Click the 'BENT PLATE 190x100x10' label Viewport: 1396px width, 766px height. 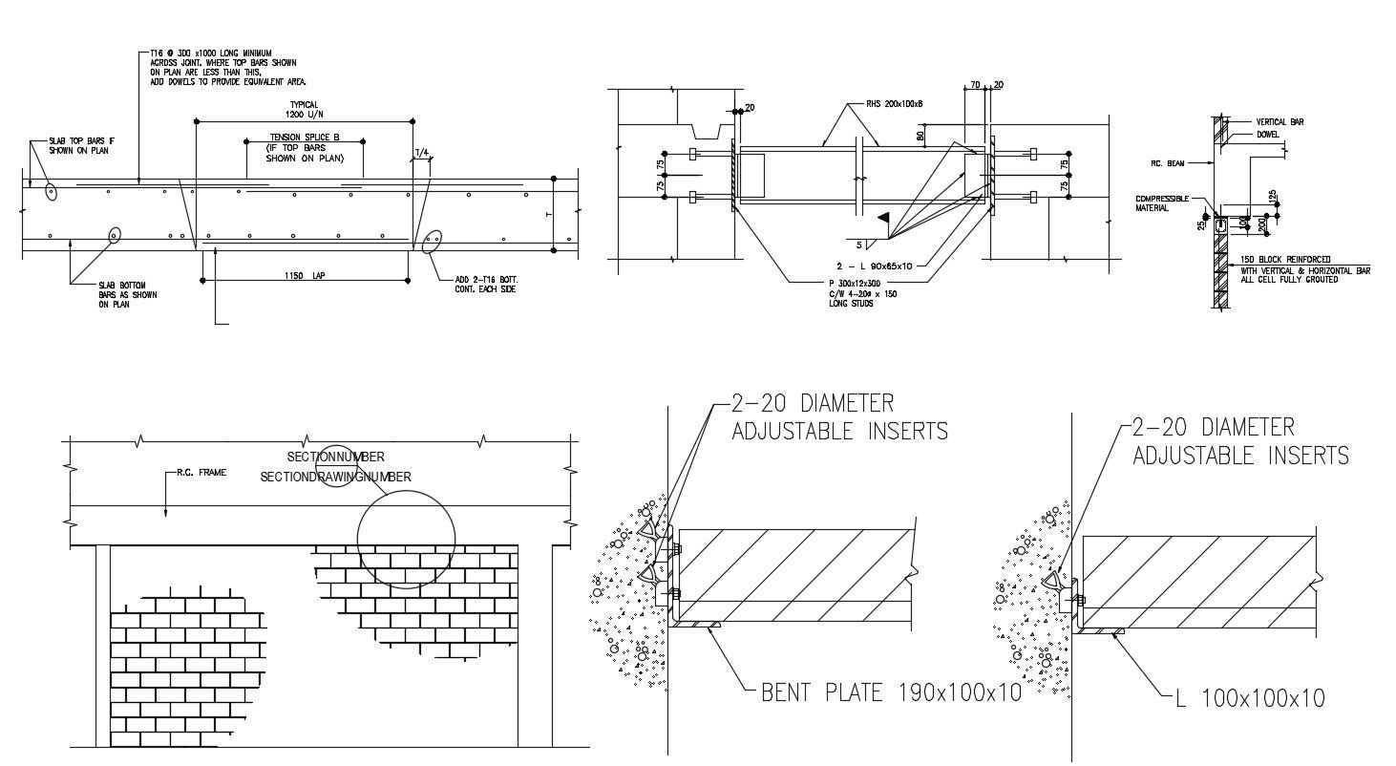coord(891,692)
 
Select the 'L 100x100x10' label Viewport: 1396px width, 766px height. coord(1250,699)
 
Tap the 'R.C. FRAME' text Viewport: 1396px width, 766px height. coord(201,473)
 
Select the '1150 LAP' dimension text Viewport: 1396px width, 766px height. coord(305,275)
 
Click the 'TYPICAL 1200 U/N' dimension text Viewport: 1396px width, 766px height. coord(304,109)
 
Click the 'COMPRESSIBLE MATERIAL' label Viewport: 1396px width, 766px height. coord(1161,202)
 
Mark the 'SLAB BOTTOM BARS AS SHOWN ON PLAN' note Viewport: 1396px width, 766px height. coord(127,294)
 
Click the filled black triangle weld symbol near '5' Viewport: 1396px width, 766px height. coord(884,218)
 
